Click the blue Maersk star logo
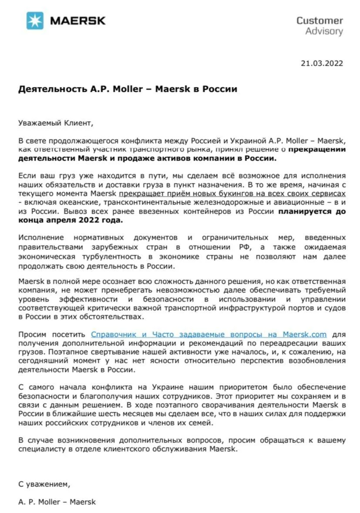35,20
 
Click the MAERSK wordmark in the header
78,20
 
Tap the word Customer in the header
320,20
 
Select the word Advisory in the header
324,31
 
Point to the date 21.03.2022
322,63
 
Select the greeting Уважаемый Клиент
56,123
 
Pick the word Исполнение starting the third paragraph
41,238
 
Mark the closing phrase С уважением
44,483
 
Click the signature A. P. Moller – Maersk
57,502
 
